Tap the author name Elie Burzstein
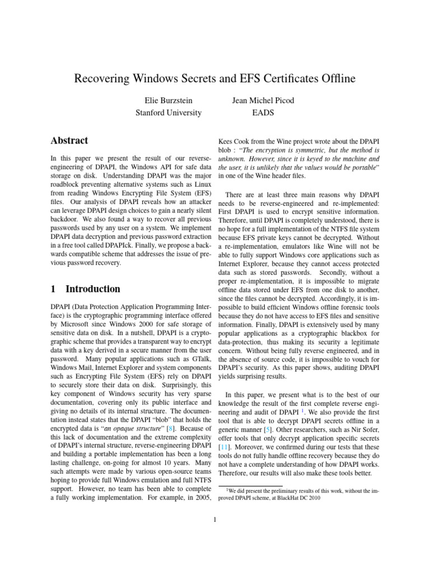[169, 100]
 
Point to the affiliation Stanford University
[169, 113]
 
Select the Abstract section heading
[69, 141]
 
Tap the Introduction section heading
[93, 289]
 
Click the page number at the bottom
[214, 519]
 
